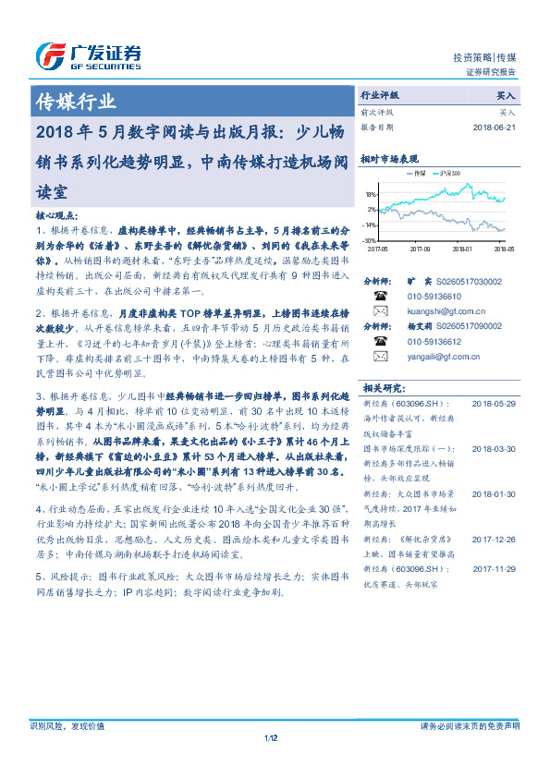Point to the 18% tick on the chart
[x=370, y=195]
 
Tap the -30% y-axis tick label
[x=369, y=239]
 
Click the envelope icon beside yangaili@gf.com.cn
[x=380, y=355]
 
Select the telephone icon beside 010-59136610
[x=380, y=297]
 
